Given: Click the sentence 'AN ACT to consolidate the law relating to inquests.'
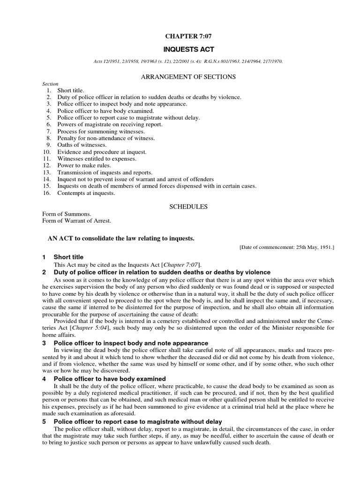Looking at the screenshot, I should [120, 239].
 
